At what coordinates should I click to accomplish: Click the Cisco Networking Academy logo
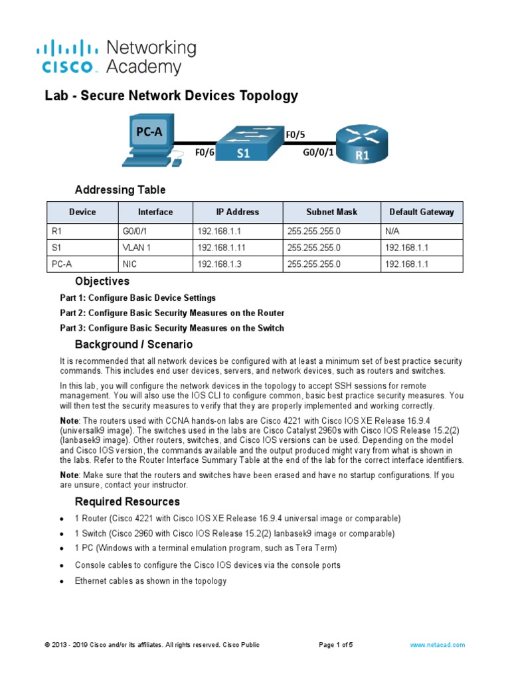(x=116, y=57)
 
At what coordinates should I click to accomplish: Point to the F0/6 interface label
(x=205, y=153)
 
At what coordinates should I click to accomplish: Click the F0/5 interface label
(x=296, y=135)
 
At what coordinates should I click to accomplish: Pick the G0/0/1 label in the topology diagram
(x=318, y=153)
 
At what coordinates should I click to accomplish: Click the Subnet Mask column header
(x=331, y=212)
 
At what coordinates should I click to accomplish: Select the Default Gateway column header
(x=422, y=212)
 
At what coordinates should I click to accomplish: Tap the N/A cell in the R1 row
(x=392, y=231)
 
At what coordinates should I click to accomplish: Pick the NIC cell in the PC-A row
(x=129, y=264)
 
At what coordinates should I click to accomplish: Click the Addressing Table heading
(x=120, y=190)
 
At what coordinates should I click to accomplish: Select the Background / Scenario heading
(x=133, y=344)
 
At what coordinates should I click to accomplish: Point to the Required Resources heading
(x=127, y=501)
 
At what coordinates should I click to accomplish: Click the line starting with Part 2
(x=172, y=313)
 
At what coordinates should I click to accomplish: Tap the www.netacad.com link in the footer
(x=437, y=645)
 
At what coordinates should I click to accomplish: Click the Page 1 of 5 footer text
(x=336, y=645)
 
